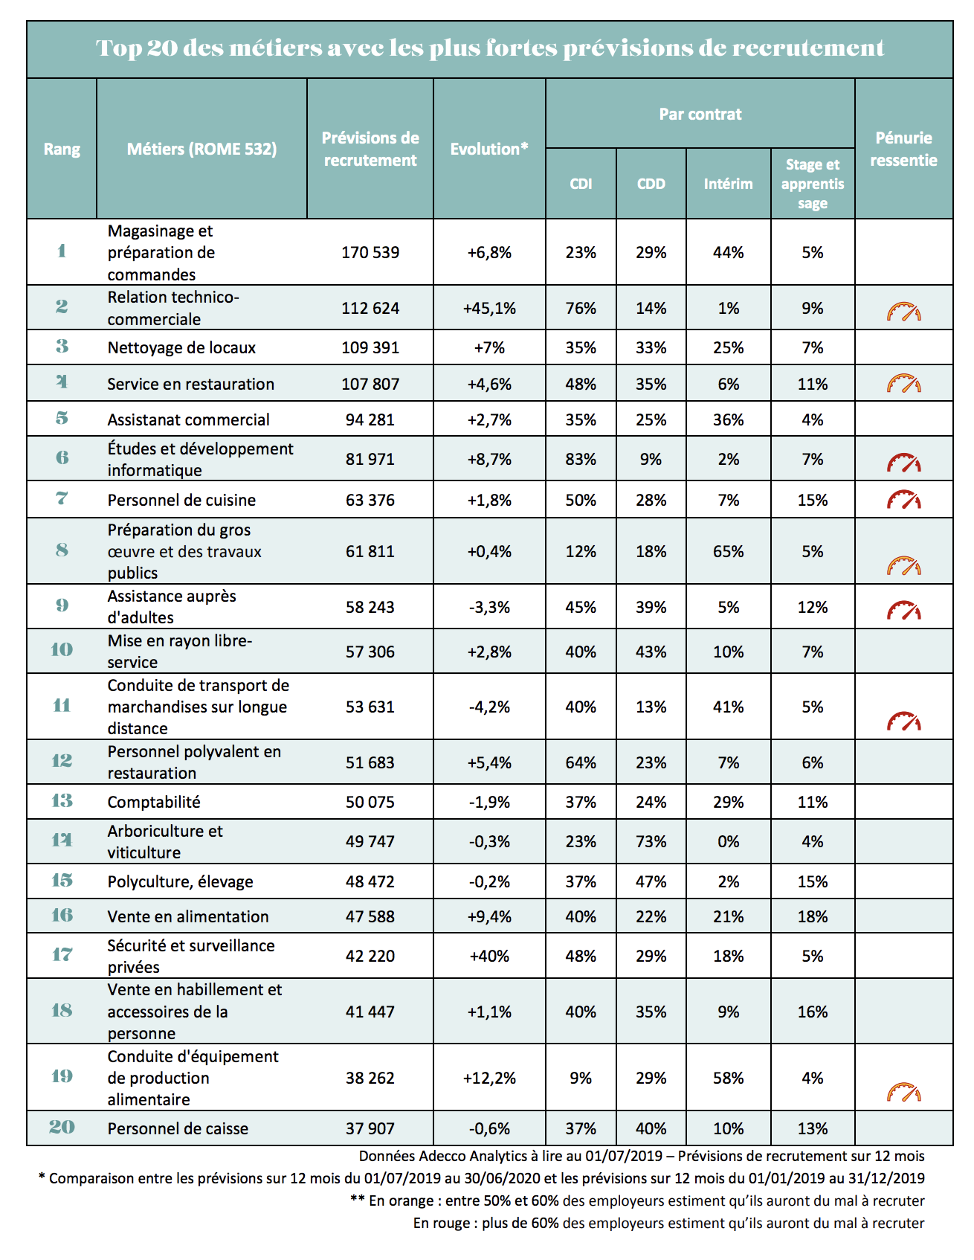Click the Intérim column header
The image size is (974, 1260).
(728, 184)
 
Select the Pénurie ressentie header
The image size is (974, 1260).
(903, 149)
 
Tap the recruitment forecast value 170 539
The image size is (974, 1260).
(370, 253)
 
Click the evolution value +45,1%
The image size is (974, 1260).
(489, 308)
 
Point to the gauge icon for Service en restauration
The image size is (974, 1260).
(903, 384)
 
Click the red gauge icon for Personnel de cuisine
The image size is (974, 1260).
(903, 500)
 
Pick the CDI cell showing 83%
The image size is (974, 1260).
(581, 460)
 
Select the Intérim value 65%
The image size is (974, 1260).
(728, 552)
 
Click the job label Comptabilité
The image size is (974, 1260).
(154, 803)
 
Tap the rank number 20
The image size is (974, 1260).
(62, 1128)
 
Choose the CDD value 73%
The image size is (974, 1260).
(651, 842)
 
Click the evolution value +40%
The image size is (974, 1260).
(489, 957)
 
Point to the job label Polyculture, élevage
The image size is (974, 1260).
(180, 882)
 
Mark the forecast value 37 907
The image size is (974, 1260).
(370, 1129)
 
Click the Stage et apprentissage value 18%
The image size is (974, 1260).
(813, 917)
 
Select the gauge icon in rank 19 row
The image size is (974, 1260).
(903, 1092)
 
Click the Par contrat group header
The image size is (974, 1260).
(700, 114)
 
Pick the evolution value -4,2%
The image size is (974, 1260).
(489, 707)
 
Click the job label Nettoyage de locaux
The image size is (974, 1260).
(181, 348)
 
